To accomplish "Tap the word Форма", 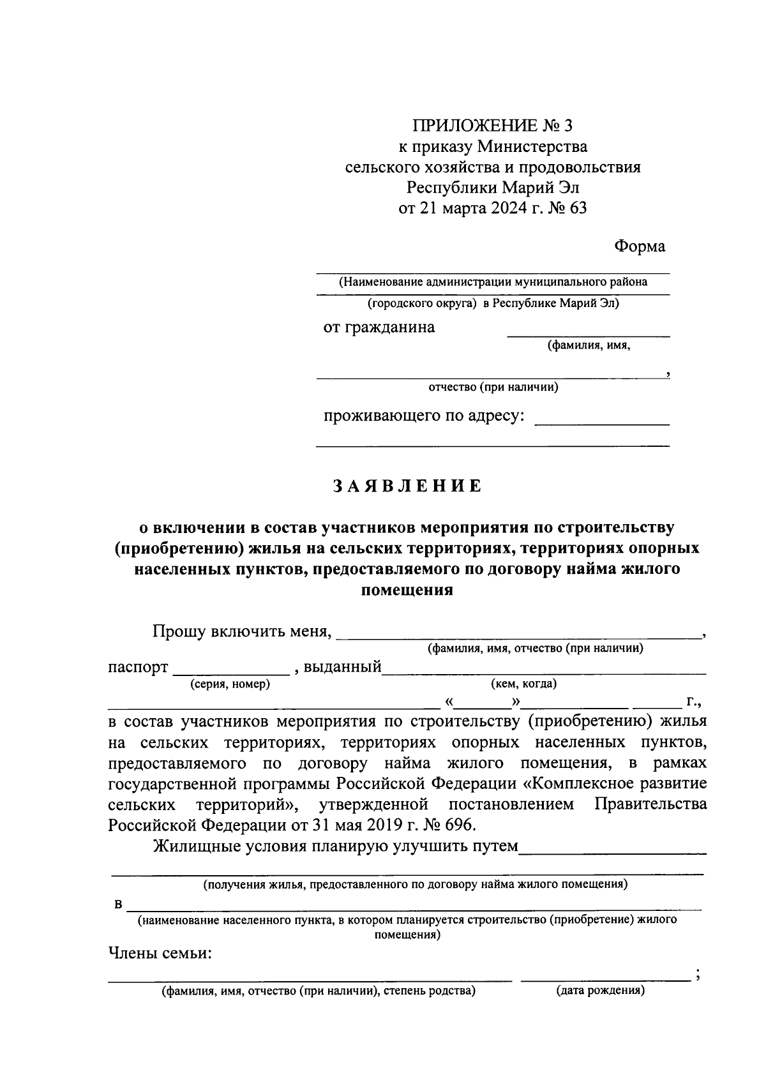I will point(640,246).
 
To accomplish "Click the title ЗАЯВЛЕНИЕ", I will point(407,486).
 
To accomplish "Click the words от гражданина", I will point(379,327).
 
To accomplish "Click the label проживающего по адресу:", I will point(424,416).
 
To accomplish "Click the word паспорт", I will point(138,668).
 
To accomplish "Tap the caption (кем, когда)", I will point(523,684).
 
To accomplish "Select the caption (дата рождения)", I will point(600,991).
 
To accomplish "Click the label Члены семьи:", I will point(160,954).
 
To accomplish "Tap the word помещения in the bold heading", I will point(407,590).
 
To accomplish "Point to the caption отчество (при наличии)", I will point(493,387).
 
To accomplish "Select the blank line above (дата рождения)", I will point(605,978).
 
